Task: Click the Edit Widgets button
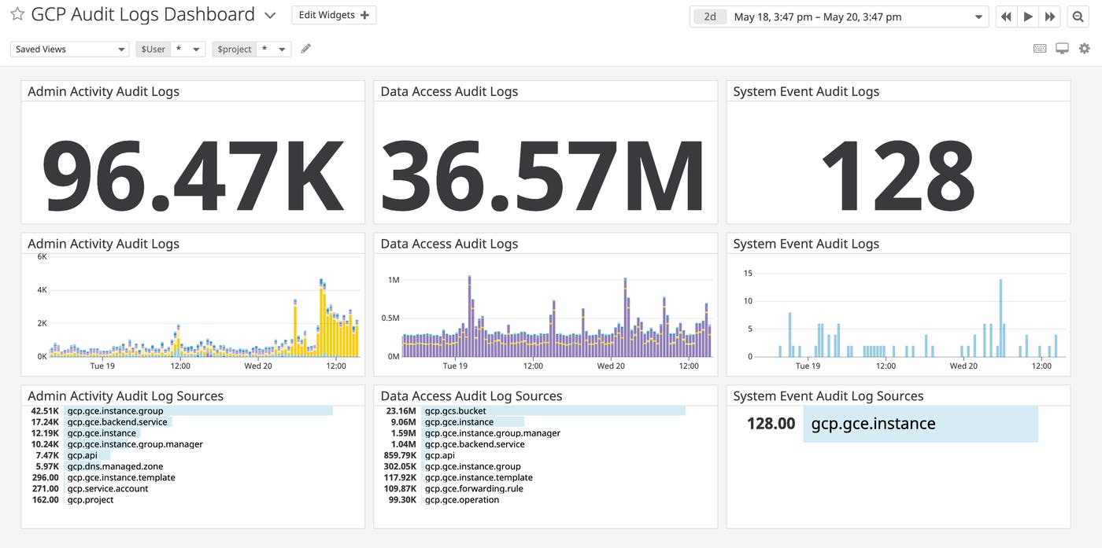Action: tap(334, 15)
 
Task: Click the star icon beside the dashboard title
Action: tap(17, 15)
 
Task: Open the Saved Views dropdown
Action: tap(69, 49)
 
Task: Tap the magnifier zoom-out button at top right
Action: tap(1078, 17)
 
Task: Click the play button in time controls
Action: tap(1028, 17)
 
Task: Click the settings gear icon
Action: tap(1085, 49)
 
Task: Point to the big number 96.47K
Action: tap(193, 175)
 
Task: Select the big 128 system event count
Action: tap(898, 175)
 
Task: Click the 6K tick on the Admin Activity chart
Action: tap(41, 257)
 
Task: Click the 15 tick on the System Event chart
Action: tap(748, 274)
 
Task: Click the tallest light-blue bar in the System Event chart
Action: tap(1000, 318)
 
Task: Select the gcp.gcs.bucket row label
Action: tap(455, 410)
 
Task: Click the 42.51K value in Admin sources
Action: tap(45, 410)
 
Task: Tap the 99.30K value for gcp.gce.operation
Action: tap(400, 499)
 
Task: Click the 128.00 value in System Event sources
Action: tap(771, 424)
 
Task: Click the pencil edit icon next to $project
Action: tap(306, 49)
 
